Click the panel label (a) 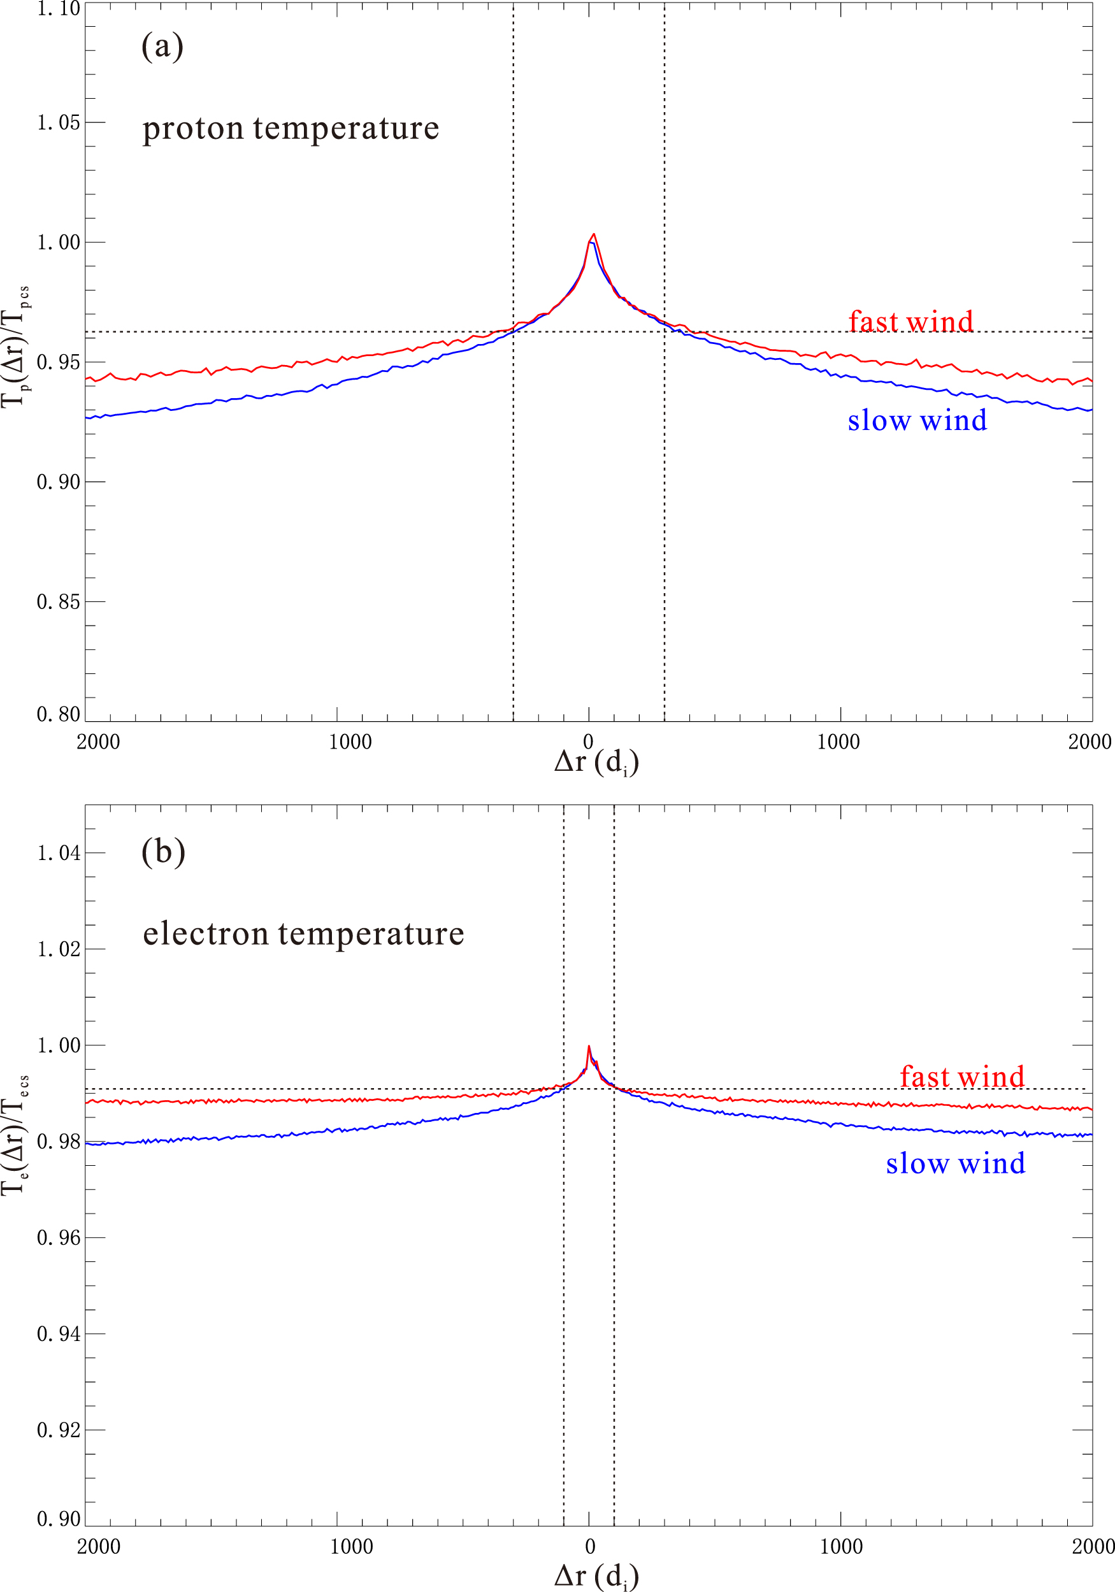click(x=162, y=47)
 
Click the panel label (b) click(x=163, y=852)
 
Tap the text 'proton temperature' click(x=291, y=129)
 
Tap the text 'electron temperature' click(x=303, y=933)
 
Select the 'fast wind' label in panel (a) click(x=910, y=322)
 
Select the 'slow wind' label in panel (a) click(x=917, y=420)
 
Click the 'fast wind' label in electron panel click(x=961, y=1077)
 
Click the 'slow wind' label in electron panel click(x=956, y=1163)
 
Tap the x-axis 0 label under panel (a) click(x=588, y=742)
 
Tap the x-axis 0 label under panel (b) click(x=589, y=1547)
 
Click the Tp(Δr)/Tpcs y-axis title click(x=15, y=347)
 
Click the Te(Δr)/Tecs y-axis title click(x=15, y=1136)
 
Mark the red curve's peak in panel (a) click(x=594, y=234)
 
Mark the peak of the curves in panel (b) click(x=589, y=1046)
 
